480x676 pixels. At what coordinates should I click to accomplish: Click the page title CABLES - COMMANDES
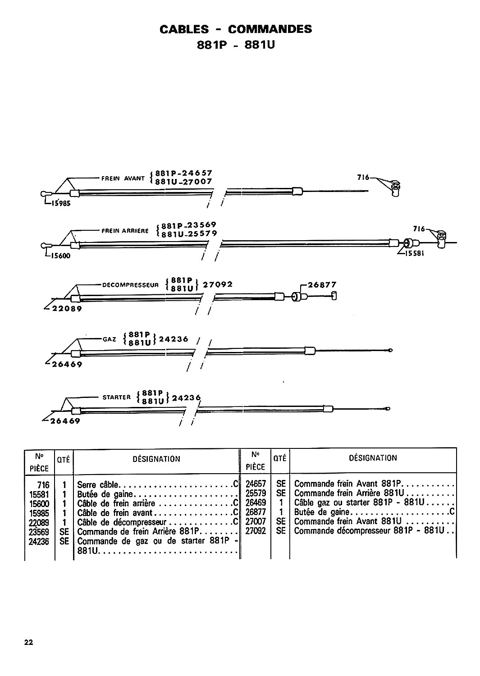pos(235,29)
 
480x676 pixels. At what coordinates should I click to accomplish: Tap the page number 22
pos(29,642)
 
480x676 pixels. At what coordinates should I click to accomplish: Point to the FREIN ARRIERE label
pos(125,231)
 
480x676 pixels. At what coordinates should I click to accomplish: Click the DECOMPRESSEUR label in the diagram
pos(130,285)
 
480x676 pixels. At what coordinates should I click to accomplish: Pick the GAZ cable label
pos(109,339)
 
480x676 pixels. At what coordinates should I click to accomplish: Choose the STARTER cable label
pos(117,397)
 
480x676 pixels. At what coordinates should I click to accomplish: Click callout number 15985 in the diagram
pos(61,203)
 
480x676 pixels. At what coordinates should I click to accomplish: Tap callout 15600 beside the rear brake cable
pos(60,256)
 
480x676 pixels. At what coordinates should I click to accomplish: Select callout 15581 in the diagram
pos(414,253)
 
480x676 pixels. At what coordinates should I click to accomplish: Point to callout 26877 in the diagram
pos(322,284)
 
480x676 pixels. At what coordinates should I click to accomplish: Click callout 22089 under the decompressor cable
pos(67,309)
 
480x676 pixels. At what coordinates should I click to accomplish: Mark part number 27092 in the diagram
pos(218,284)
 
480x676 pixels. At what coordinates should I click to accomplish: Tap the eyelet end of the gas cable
pos(389,350)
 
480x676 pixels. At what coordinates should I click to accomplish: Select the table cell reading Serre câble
pos(97,484)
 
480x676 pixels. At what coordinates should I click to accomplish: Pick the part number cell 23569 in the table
pos(39,532)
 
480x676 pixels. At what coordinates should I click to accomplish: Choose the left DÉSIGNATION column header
pos(156,459)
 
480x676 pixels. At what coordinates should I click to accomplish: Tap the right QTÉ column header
pos(280,458)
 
